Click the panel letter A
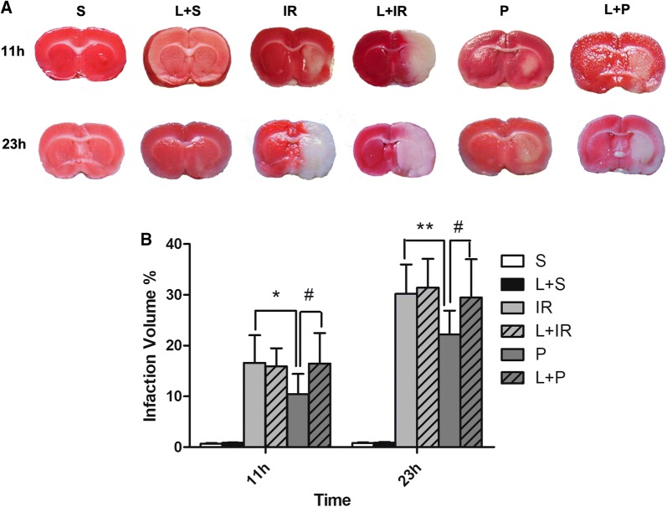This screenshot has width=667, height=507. tap(7, 8)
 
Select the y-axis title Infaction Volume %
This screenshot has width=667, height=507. tap(151, 346)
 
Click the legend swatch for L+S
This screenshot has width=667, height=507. tap(511, 283)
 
